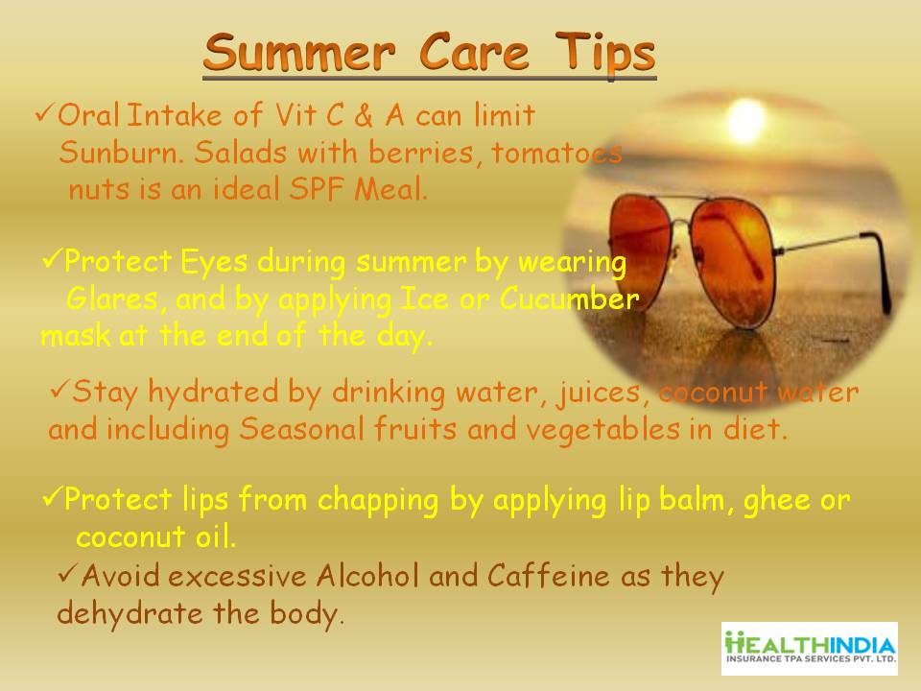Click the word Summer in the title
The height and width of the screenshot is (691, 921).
[299, 52]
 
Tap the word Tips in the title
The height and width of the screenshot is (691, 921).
[605, 54]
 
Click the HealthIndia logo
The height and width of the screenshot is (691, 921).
[810, 648]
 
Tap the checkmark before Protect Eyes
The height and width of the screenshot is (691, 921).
[52, 257]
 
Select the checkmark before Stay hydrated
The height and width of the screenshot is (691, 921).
[59, 389]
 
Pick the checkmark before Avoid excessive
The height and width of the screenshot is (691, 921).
[69, 572]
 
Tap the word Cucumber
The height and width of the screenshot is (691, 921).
[569, 298]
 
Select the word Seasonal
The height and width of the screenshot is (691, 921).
[302, 428]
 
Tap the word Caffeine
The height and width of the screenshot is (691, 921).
[548, 575]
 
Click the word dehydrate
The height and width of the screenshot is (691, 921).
[130, 613]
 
